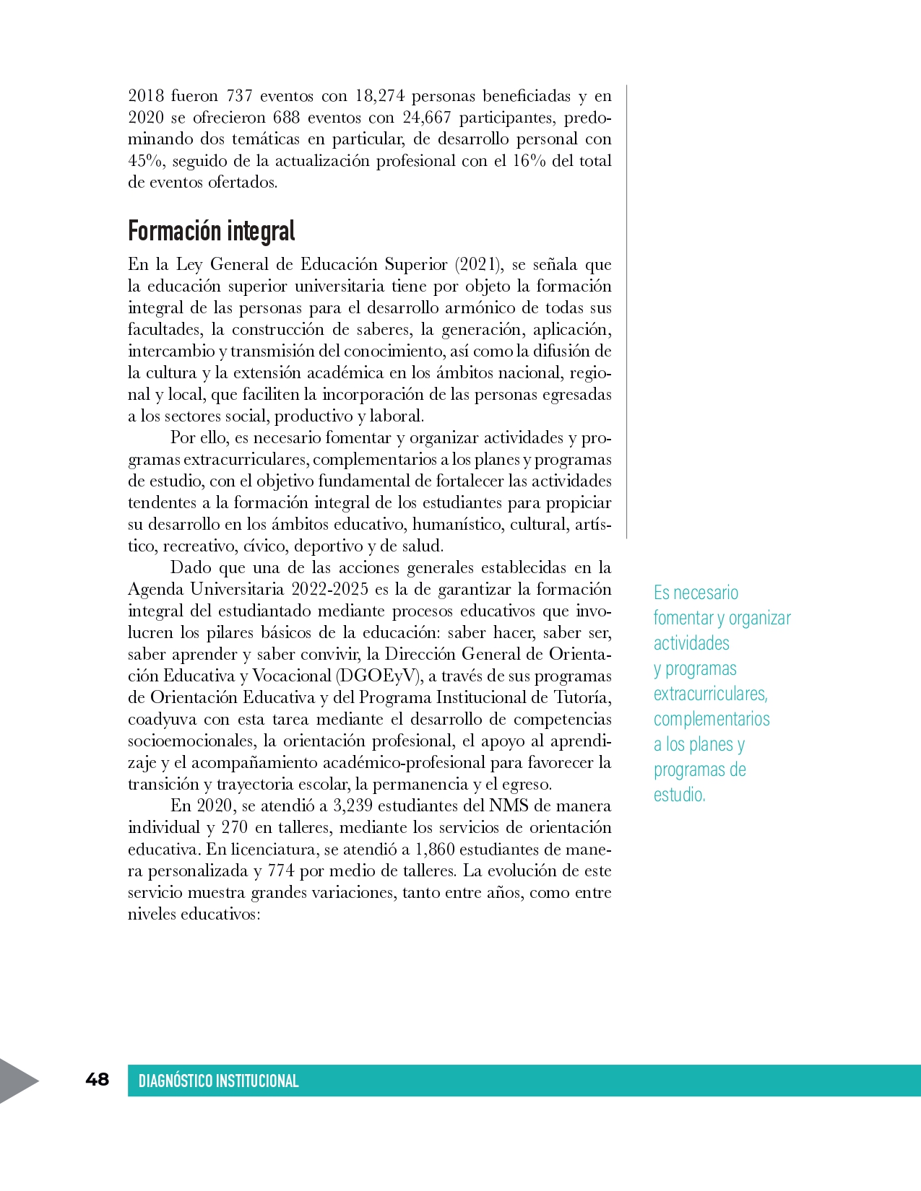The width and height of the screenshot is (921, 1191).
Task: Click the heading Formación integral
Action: [211, 231]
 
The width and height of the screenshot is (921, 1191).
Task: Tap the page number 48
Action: [97, 1079]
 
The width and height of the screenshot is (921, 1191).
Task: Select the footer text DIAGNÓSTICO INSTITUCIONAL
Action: [218, 1081]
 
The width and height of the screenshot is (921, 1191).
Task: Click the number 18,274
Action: [379, 96]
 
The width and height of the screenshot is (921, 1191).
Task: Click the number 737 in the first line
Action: [239, 96]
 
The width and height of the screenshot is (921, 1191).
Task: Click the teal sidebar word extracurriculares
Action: [710, 694]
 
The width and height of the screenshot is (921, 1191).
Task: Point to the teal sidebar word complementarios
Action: [712, 719]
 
